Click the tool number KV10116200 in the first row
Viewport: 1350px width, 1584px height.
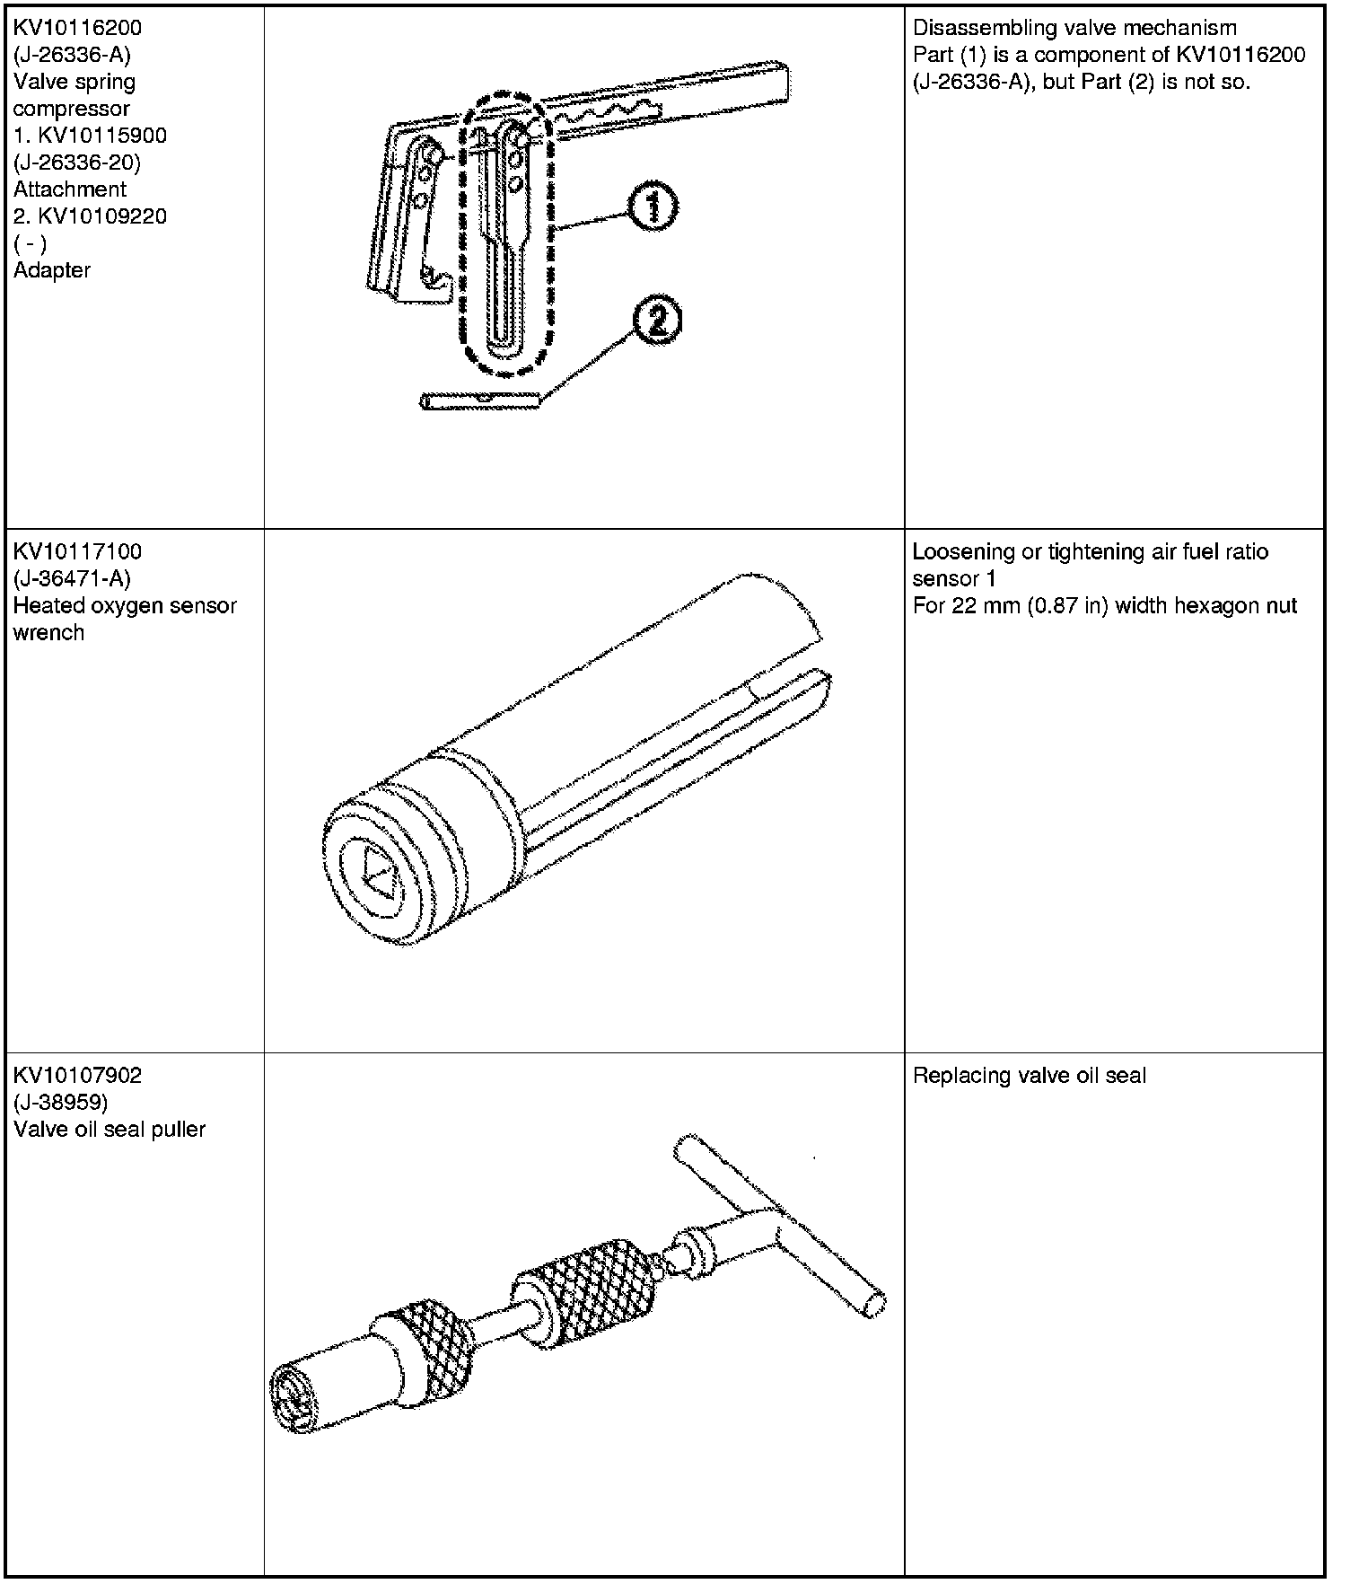(77, 28)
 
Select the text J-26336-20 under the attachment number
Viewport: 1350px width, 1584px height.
(77, 163)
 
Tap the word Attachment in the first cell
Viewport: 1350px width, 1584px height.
(70, 189)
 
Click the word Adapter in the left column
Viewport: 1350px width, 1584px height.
(52, 270)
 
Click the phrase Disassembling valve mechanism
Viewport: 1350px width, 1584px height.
(1074, 28)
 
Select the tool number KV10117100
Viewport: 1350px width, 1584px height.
(77, 551)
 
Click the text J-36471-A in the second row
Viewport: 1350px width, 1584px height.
(72, 578)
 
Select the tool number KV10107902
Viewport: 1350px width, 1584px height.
(77, 1075)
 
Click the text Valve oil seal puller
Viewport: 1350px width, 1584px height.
(110, 1129)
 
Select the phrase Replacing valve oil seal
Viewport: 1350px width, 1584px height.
(1030, 1075)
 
